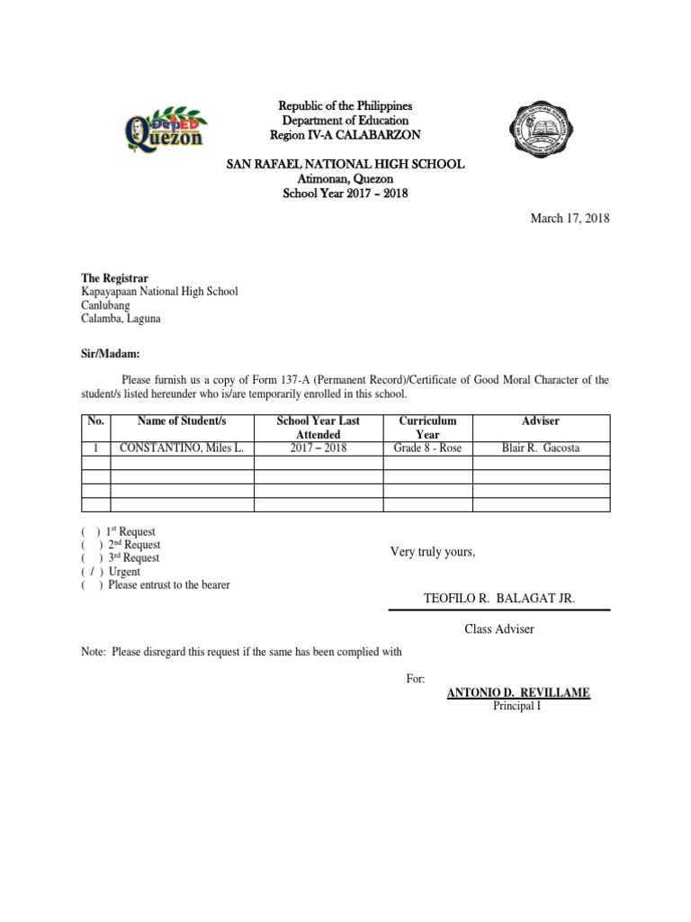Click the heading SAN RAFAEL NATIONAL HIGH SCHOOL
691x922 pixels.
[x=345, y=164]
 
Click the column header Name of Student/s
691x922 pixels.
[x=181, y=421]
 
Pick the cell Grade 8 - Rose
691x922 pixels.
[x=427, y=448]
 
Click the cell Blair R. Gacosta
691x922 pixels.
[x=541, y=448]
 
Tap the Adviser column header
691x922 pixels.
[x=541, y=421]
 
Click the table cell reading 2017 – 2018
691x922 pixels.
[x=318, y=448]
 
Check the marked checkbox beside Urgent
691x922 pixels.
[x=92, y=572]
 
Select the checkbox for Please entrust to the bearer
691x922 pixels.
[x=92, y=585]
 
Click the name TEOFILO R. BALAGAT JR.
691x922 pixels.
[x=498, y=599]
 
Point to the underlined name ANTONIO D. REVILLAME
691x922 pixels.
[x=518, y=692]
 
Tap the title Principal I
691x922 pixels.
[x=518, y=705]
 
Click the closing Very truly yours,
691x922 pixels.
[x=432, y=552]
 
